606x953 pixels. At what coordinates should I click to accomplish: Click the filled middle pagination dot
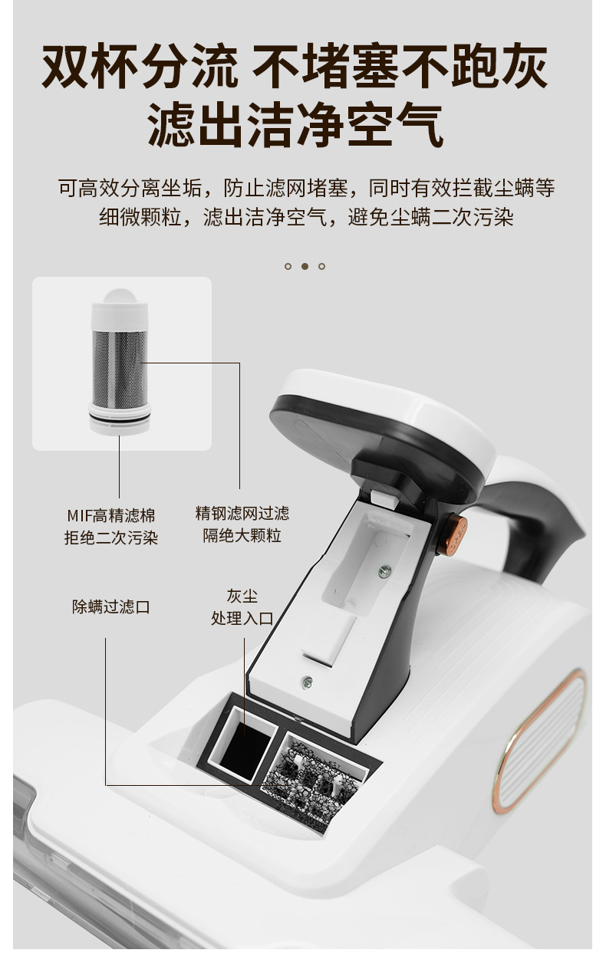(x=305, y=266)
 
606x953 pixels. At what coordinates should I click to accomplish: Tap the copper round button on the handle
(x=453, y=534)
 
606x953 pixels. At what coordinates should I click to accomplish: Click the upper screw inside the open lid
(x=384, y=572)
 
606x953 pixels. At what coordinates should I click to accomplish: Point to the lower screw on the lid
(x=306, y=683)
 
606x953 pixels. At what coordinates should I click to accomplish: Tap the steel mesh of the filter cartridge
(x=120, y=369)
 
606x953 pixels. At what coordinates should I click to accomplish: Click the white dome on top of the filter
(x=120, y=296)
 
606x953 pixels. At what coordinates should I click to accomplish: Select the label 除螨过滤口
(x=110, y=607)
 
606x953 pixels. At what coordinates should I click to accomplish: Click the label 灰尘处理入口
(x=242, y=607)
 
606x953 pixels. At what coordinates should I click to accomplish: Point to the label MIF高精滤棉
(x=111, y=516)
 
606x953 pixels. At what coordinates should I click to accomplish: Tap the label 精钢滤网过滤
(x=242, y=513)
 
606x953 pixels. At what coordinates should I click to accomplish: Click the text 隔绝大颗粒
(x=242, y=535)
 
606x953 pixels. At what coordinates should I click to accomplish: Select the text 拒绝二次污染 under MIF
(x=111, y=538)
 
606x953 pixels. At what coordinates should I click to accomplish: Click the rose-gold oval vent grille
(x=539, y=742)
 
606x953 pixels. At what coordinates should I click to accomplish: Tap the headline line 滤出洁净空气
(x=295, y=125)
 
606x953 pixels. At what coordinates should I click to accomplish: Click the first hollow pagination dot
(x=288, y=266)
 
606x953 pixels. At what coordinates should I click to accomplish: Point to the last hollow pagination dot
(x=321, y=266)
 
